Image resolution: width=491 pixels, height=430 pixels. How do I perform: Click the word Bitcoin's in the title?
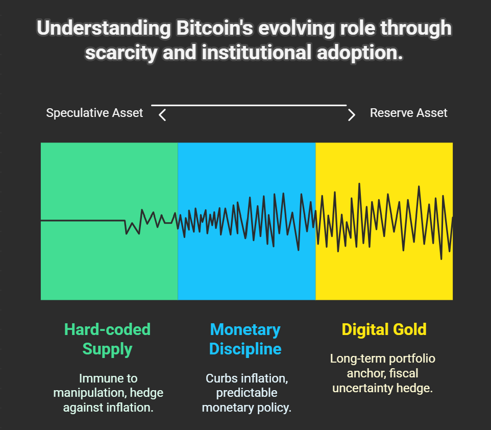pos(214,28)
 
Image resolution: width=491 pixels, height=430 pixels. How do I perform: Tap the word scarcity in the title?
pos(121,53)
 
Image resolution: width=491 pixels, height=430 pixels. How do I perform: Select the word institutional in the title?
pos(256,52)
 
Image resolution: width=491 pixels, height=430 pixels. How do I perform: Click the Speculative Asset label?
pos(94,113)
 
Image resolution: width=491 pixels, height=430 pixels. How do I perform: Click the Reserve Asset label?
pos(409,113)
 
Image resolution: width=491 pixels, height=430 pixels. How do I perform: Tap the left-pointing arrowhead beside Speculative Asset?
pos(162,115)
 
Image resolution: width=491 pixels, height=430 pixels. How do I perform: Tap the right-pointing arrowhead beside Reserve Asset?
pos(352,115)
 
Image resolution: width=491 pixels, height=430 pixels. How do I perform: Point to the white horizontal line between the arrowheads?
pos(249,105)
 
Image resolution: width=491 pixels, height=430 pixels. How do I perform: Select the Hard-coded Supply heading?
pos(107,339)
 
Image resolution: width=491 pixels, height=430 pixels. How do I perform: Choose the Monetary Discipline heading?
pos(245,339)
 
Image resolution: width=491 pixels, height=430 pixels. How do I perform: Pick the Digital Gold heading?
pos(384,329)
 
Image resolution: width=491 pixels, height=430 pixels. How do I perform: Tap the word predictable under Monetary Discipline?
pos(247,393)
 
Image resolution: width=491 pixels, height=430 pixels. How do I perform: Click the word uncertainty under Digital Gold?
pos(362,388)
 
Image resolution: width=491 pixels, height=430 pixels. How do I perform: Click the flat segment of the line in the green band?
pos(83,221)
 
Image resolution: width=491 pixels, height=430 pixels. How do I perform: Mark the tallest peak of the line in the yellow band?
pos(359,184)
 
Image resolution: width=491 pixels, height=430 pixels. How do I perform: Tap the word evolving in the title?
pos(296,28)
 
